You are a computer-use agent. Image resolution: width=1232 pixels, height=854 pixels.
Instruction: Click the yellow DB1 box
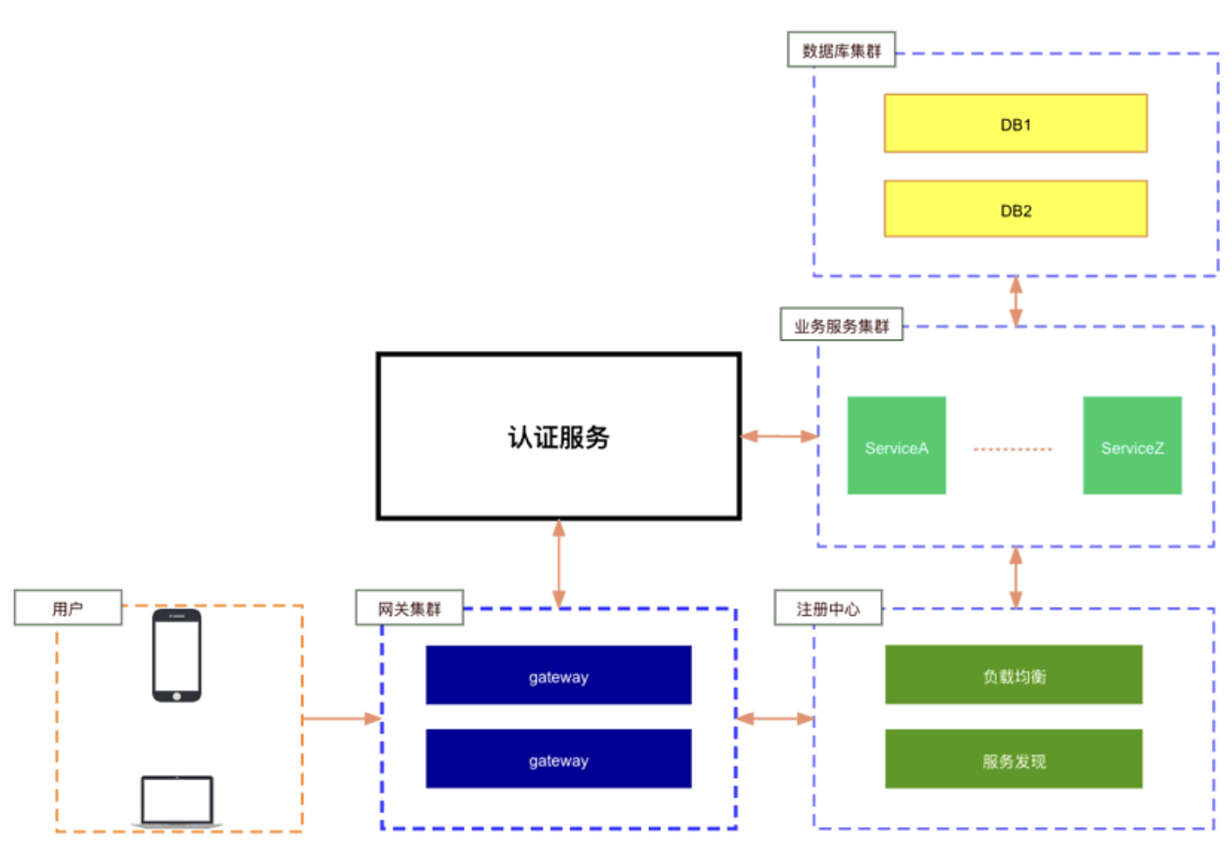coord(1016,124)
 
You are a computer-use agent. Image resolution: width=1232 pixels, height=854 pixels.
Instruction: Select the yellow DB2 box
coord(1016,209)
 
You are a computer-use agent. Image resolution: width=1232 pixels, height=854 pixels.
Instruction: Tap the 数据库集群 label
coord(841,50)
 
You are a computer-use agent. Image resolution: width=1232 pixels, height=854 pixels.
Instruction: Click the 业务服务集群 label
coord(841,325)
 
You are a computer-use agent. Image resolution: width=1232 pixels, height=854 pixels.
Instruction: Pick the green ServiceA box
coord(897,445)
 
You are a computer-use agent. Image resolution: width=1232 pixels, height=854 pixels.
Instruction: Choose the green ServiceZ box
coord(1132,445)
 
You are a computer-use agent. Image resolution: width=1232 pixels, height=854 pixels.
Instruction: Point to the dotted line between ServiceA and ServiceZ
coord(1013,449)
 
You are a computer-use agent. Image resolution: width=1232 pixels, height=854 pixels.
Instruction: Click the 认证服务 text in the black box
coord(558,437)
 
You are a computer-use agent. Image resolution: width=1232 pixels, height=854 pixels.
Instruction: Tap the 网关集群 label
coord(409,608)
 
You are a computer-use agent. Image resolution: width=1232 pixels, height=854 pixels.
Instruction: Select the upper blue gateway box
coord(558,675)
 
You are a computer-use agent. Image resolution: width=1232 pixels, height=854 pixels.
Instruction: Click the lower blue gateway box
coord(558,758)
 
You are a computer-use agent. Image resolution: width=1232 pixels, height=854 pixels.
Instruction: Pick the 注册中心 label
coord(828,608)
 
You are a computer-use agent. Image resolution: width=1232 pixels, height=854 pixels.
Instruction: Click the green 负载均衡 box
coord(1014,674)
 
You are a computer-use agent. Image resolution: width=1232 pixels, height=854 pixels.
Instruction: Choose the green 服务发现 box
coord(1014,758)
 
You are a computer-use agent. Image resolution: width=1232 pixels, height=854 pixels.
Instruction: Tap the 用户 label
coord(67,608)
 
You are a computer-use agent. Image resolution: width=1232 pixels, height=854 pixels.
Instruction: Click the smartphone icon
coord(177,655)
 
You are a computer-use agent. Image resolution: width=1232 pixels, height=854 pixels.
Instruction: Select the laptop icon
coord(177,802)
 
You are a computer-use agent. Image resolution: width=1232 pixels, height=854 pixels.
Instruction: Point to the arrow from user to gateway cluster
coord(342,718)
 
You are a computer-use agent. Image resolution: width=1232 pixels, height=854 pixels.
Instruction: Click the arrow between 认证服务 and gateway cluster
coord(559,564)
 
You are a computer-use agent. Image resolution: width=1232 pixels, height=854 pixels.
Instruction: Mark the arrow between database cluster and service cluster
coord(1016,301)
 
